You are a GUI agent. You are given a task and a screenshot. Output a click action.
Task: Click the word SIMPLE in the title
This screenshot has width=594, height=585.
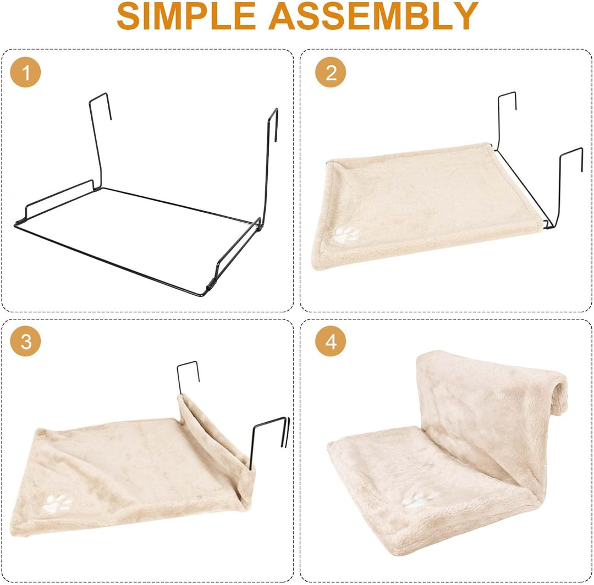click(x=186, y=16)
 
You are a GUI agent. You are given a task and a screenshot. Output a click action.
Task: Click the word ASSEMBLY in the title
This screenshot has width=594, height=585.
click(x=373, y=16)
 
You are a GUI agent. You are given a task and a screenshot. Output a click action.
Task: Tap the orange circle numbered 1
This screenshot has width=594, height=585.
click(x=25, y=72)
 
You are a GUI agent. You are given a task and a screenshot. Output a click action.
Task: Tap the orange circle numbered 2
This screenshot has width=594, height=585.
click(x=331, y=72)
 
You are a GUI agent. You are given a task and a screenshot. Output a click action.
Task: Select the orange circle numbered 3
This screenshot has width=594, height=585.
click(x=25, y=341)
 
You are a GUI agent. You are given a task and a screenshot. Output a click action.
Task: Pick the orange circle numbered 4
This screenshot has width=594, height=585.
click(x=331, y=341)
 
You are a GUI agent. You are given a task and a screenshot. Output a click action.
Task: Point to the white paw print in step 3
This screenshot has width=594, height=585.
click(x=57, y=504)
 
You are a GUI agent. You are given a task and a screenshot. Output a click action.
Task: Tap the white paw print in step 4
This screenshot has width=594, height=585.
click(x=419, y=500)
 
